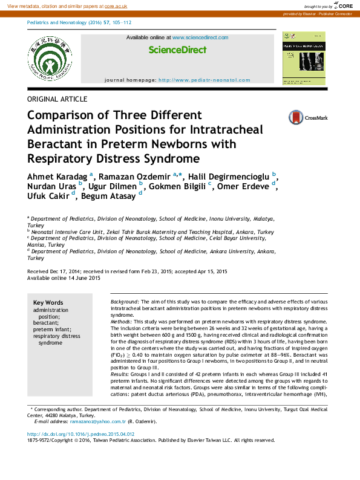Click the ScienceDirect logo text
tap(177, 50)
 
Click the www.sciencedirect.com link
tap(200, 37)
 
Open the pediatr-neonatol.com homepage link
tap(204, 80)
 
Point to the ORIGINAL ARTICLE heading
tap(57, 99)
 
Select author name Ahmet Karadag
tap(57, 175)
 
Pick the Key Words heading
tap(48, 302)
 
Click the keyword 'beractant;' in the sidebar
tap(46, 323)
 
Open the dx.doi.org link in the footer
tap(81, 434)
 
